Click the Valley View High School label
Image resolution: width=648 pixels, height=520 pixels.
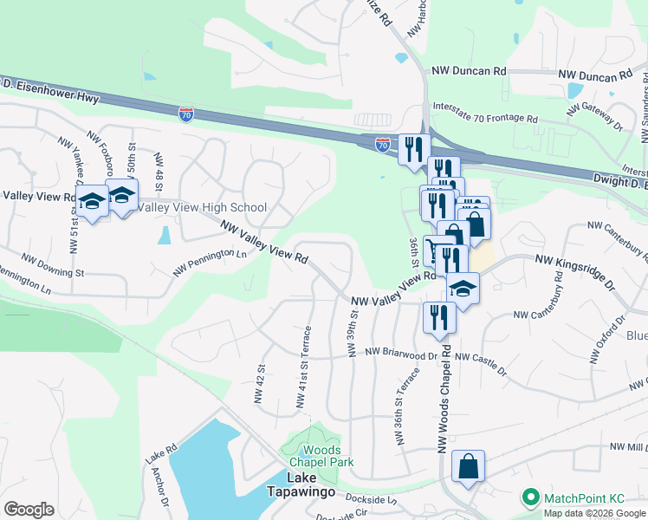[x=202, y=207]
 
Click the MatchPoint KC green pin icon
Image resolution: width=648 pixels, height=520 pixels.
[x=528, y=497]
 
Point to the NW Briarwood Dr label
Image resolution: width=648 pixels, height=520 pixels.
[x=401, y=353]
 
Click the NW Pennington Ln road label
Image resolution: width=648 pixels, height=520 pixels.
[x=210, y=262]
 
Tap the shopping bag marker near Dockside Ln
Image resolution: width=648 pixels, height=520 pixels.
[x=468, y=466]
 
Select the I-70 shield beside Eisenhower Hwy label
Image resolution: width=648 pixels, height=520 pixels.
[x=186, y=114]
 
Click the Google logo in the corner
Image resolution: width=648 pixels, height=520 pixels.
[x=29, y=509]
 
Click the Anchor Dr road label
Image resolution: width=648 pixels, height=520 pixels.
[x=162, y=489]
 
